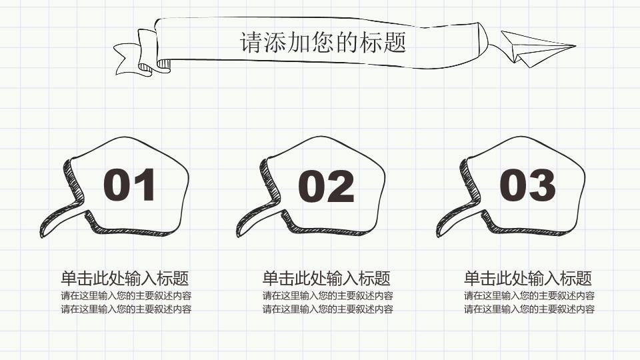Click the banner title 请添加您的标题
(323, 42)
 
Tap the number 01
(129, 185)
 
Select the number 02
(326, 186)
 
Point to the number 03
(527, 185)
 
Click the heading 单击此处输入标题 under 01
(125, 279)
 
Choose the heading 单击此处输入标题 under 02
(326, 279)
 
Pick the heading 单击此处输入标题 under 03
(528, 279)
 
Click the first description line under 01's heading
(126, 295)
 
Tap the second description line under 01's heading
(126, 309)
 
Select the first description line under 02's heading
(328, 295)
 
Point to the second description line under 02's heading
(328, 309)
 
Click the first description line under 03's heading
(529, 295)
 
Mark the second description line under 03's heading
(529, 309)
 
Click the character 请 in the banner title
(250, 42)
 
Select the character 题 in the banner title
(395, 42)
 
